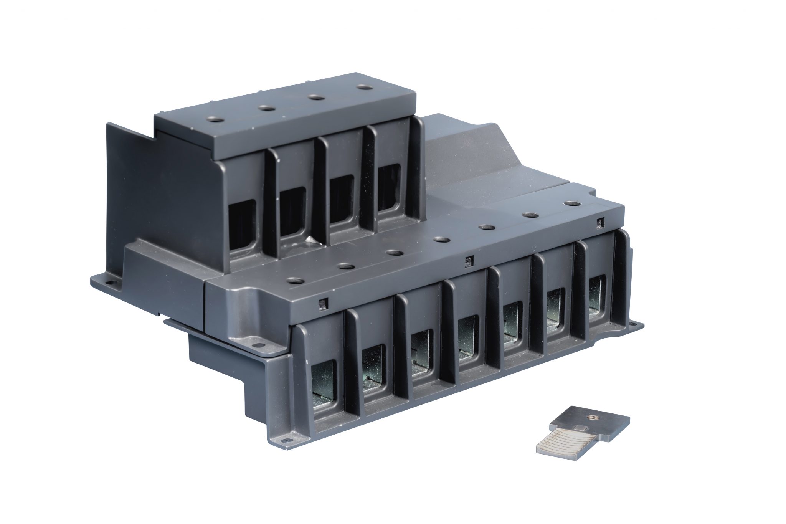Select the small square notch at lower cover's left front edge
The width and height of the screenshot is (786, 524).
point(322,305)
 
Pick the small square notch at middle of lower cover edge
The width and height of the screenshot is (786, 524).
point(468,261)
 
